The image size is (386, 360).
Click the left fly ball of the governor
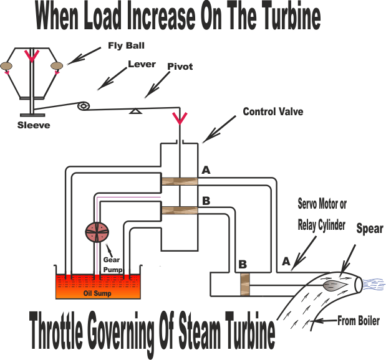6,65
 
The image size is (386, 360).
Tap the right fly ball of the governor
57,65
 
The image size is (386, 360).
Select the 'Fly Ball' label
126,46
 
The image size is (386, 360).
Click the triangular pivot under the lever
135,111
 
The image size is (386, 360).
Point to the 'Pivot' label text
180,67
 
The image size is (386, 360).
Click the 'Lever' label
142,64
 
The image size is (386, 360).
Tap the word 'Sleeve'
34,125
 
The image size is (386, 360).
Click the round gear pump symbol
97,232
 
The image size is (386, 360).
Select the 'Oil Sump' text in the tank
97,293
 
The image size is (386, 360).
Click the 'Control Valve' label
273,111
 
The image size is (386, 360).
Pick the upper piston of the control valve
180,181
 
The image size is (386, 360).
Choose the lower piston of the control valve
180,211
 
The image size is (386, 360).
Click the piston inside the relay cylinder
245,285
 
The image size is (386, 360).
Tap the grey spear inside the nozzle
335,286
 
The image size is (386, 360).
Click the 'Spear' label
370,229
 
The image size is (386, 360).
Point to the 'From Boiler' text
359,321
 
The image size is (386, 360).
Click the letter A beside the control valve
206,170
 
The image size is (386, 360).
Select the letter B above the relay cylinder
243,264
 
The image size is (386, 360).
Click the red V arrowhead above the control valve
180,118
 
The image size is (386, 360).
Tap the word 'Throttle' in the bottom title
56,330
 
